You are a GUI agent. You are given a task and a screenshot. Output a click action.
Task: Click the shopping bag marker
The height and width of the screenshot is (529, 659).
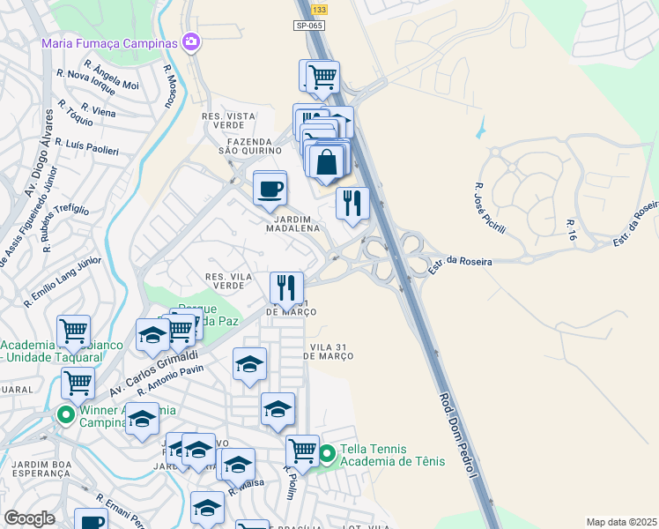(326, 162)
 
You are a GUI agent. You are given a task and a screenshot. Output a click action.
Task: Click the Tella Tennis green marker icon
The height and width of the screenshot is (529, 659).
(327, 454)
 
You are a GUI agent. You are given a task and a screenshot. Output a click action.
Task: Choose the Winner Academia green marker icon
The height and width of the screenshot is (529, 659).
(64, 413)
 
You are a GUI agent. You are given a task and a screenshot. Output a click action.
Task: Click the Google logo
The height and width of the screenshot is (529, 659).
(30, 518)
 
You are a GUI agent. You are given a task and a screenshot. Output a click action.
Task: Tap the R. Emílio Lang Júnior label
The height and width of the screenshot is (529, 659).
(63, 281)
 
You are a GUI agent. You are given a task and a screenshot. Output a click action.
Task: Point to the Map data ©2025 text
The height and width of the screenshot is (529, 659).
(622, 522)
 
